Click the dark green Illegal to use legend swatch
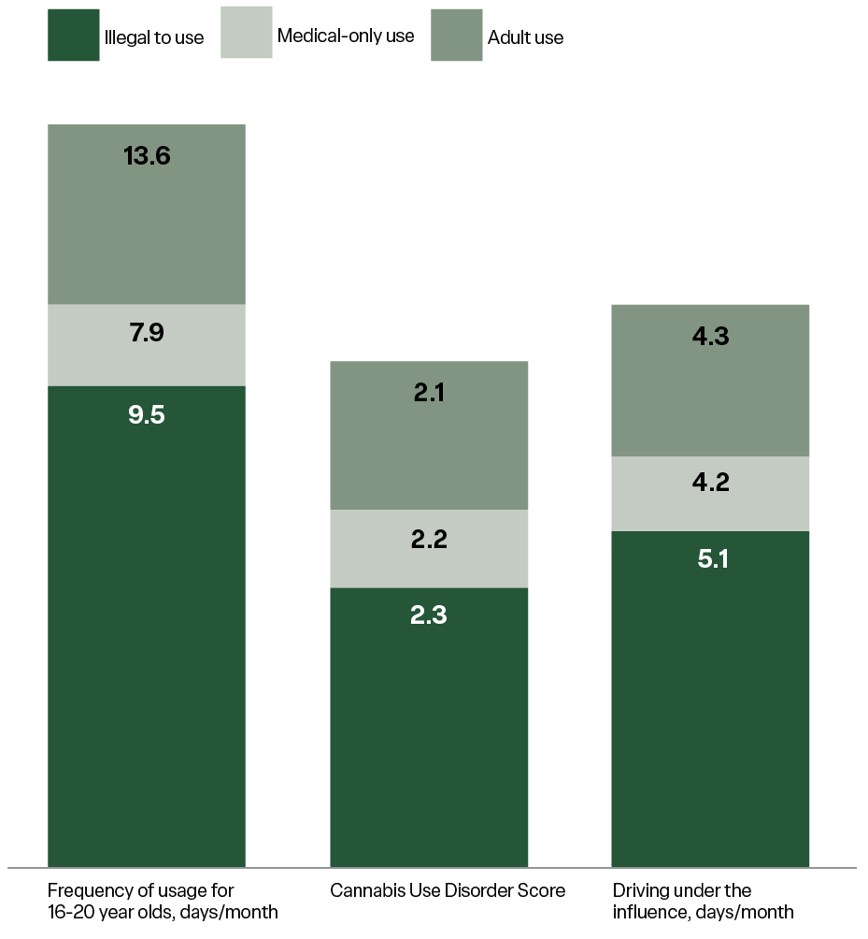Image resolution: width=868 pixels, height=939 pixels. pos(74,36)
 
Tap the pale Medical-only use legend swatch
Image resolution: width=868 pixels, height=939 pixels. pos(247,33)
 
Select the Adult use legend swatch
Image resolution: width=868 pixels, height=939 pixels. pos(457,36)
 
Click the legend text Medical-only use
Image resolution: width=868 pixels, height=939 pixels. pos(346,36)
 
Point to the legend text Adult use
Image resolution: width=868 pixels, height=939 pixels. pos(525,38)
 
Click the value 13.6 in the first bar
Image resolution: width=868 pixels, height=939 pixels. pos(147,156)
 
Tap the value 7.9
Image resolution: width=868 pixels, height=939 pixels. pos(147,333)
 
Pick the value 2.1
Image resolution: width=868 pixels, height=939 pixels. pos(430,393)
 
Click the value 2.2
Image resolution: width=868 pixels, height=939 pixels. pos(430,541)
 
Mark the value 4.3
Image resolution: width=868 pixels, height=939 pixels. pos(710,336)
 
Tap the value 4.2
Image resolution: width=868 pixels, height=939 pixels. pos(710,484)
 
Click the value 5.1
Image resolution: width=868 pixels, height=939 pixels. pos(710,560)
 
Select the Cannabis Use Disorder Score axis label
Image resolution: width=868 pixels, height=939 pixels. pos(448,890)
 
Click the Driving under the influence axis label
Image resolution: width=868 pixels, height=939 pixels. pos(703,901)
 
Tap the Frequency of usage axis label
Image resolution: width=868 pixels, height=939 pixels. pos(163,901)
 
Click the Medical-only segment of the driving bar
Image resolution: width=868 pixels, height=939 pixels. pos(654,494)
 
